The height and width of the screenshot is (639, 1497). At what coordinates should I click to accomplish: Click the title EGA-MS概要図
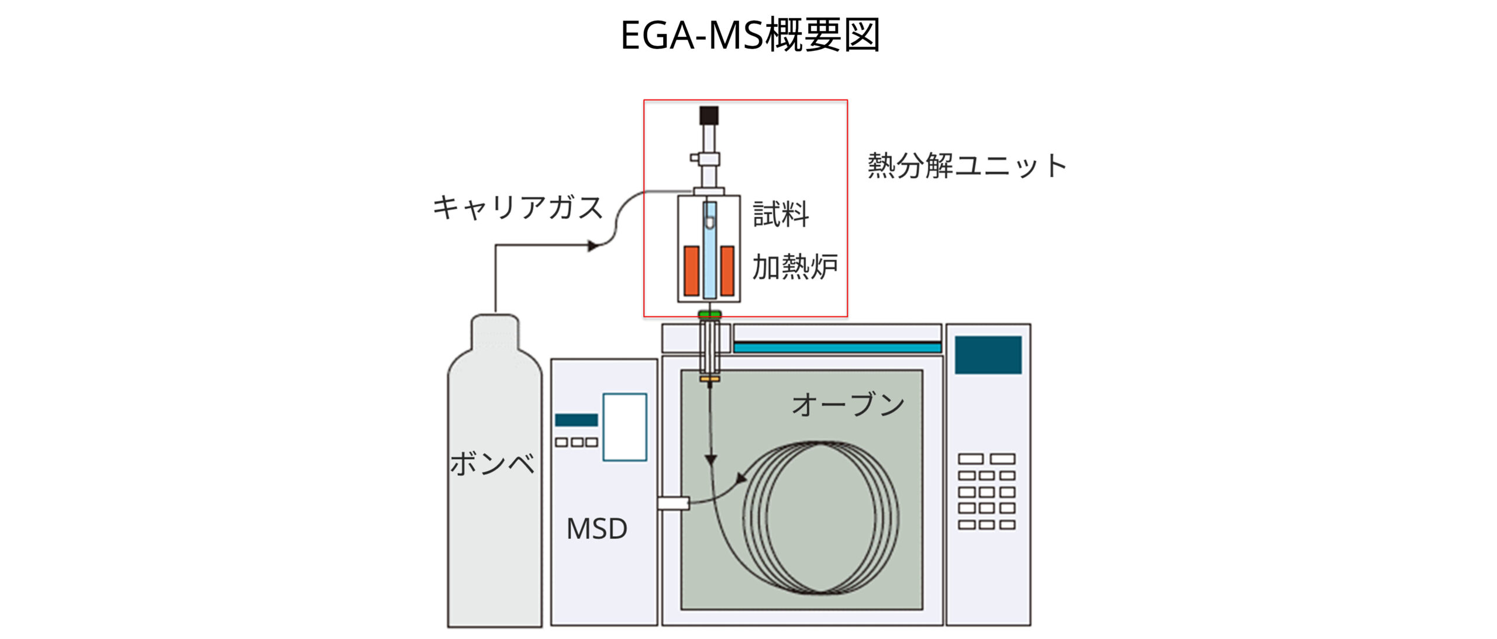point(750,35)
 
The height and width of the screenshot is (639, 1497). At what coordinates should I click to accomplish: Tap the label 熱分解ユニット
point(967,165)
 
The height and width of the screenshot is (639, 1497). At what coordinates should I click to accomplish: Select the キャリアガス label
point(518,208)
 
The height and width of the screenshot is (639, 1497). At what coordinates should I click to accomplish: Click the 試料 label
point(781,214)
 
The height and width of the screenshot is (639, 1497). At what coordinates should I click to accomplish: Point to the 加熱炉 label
point(795,267)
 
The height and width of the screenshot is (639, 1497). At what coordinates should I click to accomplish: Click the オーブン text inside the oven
point(848,405)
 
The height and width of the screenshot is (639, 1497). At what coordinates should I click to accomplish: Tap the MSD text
point(596,529)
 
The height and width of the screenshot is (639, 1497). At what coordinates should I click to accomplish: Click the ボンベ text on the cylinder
point(492,464)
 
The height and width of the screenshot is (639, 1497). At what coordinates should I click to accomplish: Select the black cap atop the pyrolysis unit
point(709,115)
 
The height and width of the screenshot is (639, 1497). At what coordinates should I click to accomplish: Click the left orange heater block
point(691,271)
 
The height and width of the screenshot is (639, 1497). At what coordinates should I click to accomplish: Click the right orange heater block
point(727,271)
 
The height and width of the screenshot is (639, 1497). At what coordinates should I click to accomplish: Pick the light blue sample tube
point(709,263)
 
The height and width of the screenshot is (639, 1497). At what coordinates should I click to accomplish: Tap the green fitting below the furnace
point(709,315)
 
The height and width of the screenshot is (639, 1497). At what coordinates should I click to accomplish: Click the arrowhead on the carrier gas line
point(593,246)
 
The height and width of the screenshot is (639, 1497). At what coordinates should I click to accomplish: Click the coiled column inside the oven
point(821,517)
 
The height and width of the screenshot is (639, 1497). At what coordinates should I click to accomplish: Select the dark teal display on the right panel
point(988,355)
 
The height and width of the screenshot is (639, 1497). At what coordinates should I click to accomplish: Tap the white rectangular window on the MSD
point(625,427)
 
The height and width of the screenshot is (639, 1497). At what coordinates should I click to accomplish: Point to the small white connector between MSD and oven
point(673,503)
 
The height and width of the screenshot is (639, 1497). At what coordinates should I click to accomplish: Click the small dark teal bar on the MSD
point(576,420)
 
